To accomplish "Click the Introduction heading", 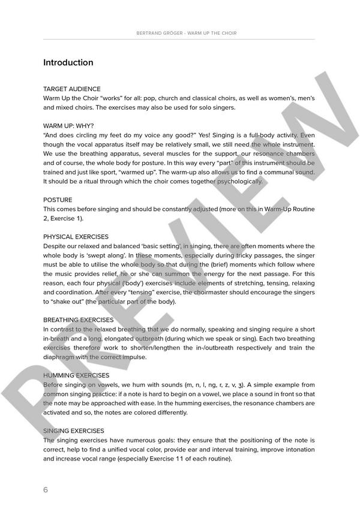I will [68, 62].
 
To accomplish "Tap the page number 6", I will [46, 489].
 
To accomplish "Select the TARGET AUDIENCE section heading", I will [72, 89].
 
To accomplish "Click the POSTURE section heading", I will [58, 200].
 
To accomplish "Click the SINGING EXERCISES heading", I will [74, 431].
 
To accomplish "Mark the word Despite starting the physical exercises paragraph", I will [56, 246].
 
